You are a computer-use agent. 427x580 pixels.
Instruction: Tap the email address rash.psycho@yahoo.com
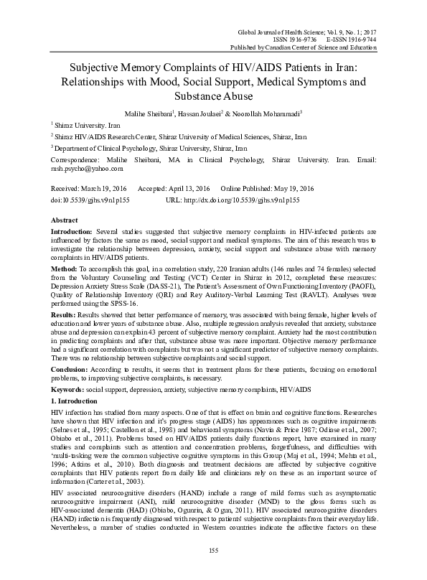(87, 169)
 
